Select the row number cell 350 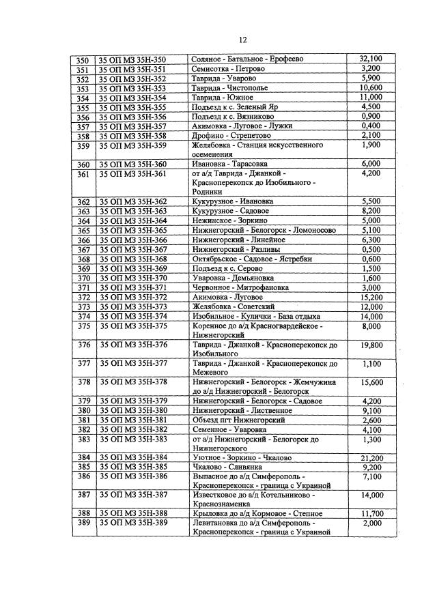point(83,59)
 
